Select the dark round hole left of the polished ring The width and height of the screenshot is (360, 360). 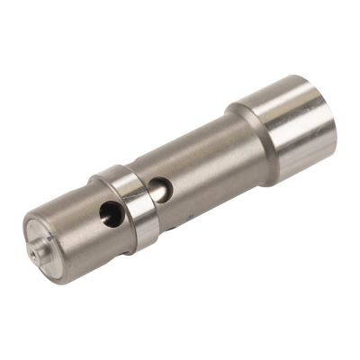coord(110,213)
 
